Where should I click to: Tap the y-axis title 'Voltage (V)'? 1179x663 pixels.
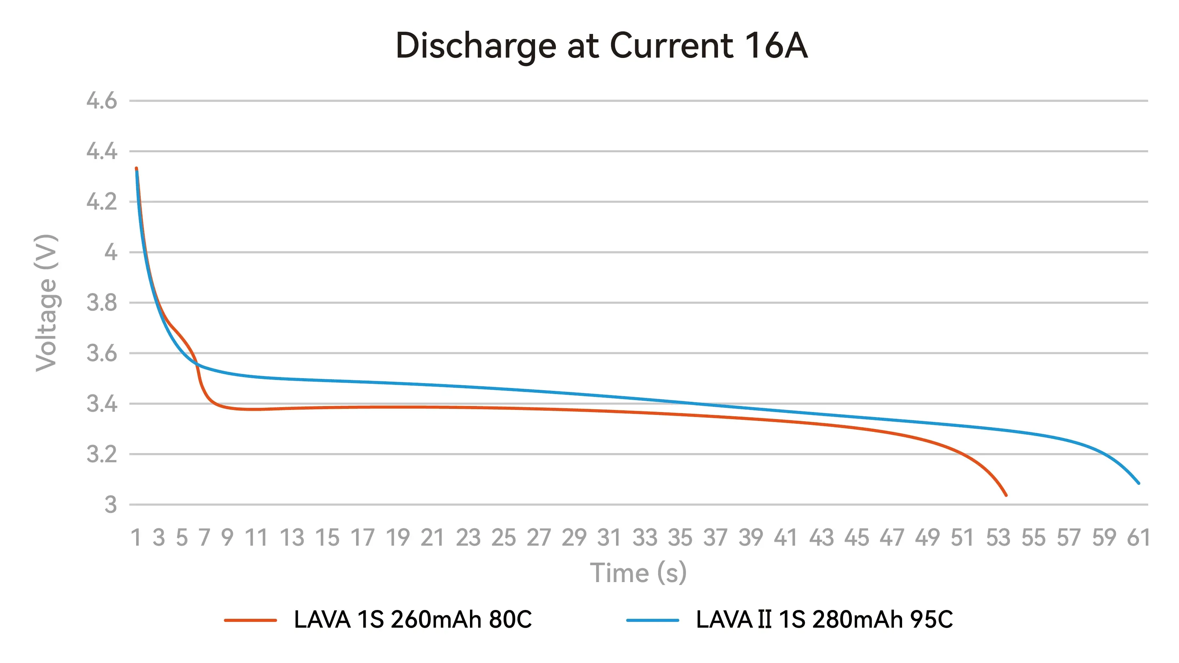pos(46,303)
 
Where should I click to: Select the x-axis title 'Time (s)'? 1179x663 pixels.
pos(638,573)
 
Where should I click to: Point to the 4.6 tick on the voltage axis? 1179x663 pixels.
pos(101,101)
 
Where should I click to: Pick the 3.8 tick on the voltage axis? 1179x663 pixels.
pos(101,303)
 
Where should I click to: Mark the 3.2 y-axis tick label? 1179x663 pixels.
pos(101,454)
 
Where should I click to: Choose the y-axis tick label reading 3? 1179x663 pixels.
pos(110,505)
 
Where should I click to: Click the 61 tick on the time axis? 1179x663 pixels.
pos(1138,538)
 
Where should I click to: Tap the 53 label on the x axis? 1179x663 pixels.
pos(998,538)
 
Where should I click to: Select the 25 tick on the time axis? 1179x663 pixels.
pos(504,538)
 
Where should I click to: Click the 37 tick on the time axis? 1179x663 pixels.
pos(715,538)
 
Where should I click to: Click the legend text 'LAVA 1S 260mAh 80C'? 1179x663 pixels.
pos(413,620)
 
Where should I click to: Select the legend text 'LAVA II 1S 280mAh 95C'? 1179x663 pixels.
pos(824,620)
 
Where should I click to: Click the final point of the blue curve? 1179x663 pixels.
pos(1139,483)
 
